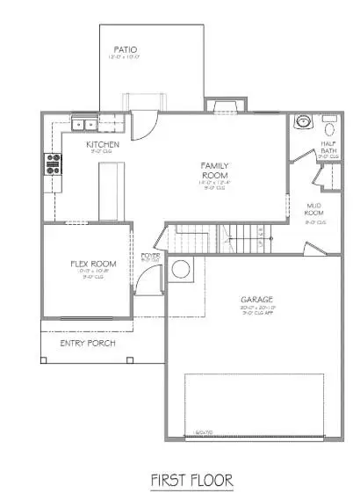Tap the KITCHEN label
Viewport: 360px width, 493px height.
[x=103, y=144]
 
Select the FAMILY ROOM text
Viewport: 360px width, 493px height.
[x=215, y=170]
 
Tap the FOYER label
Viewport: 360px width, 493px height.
[x=149, y=256]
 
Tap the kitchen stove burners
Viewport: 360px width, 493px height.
[x=52, y=163]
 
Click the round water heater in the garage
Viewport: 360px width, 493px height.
[x=183, y=271]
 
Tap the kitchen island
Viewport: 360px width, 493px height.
[x=107, y=188]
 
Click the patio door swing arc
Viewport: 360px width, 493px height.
[x=149, y=123]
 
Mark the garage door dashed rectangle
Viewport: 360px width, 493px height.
[x=260, y=404]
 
